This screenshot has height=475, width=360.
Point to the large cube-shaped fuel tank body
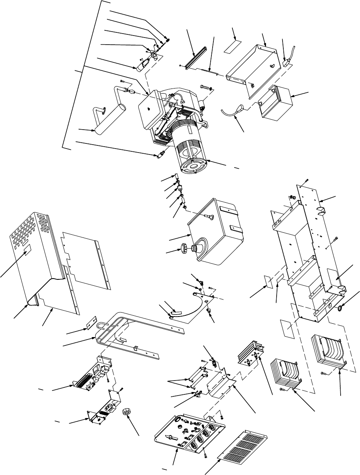point(215,237)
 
